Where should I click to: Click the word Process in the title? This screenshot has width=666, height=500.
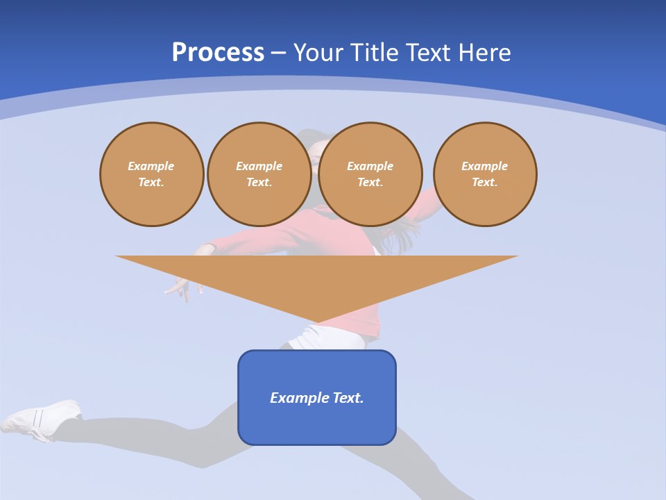218,53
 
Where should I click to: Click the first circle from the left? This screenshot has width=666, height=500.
151,174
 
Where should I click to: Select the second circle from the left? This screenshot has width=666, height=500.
259,174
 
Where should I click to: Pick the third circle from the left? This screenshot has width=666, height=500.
370,174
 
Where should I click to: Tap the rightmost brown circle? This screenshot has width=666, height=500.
485,174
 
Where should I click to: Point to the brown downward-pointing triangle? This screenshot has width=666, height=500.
317,278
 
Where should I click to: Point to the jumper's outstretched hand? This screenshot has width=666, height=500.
179,287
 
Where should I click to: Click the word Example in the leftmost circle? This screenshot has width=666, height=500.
151,166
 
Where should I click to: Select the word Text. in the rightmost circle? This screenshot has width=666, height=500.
485,183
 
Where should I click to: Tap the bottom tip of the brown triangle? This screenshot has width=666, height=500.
318,321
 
